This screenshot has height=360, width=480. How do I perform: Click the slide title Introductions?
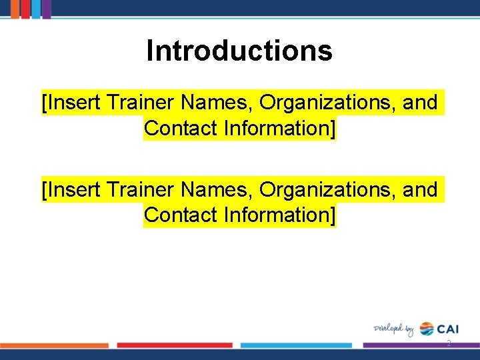coord(239,51)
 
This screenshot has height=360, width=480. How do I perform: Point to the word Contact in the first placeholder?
coord(181,128)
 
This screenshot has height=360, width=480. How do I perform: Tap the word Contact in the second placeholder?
coord(181,215)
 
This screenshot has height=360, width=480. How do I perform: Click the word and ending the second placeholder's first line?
coord(420,191)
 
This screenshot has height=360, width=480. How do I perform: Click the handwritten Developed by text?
coord(393,329)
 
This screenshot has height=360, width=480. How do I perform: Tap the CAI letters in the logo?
coord(448,329)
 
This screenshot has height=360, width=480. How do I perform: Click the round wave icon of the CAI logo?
coord(427,329)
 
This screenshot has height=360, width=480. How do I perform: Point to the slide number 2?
coord(449,343)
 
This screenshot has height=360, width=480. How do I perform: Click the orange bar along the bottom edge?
coord(55,345)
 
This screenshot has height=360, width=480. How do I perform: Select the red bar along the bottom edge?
coord(175,345)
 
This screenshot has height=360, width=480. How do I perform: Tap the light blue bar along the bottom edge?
coord(296,345)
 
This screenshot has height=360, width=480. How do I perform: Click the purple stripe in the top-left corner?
coord(47,9)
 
